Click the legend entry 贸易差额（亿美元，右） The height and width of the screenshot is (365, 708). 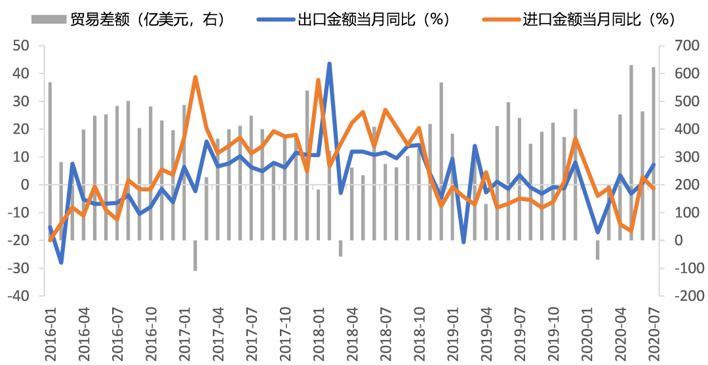[x=128, y=20]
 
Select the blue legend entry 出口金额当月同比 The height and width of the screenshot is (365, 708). [x=353, y=20]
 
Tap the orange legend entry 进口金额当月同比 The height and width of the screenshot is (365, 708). [x=578, y=20]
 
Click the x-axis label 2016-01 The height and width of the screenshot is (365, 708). [x=50, y=332]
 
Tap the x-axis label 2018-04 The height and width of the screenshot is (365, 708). [x=352, y=332]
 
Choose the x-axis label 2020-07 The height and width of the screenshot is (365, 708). [x=653, y=332]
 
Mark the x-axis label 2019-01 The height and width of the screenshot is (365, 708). [x=452, y=332]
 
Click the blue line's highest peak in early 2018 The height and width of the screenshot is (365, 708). [x=329, y=64]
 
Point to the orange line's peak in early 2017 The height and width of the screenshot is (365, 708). [x=195, y=77]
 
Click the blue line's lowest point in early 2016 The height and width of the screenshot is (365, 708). [x=61, y=262]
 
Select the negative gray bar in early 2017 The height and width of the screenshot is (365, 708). [x=195, y=256]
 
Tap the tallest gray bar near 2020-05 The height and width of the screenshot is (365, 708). [x=631, y=153]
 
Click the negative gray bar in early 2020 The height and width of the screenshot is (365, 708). [x=597, y=250]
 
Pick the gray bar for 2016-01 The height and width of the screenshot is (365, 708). [x=50, y=161]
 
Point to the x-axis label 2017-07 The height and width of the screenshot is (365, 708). [x=252, y=332]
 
